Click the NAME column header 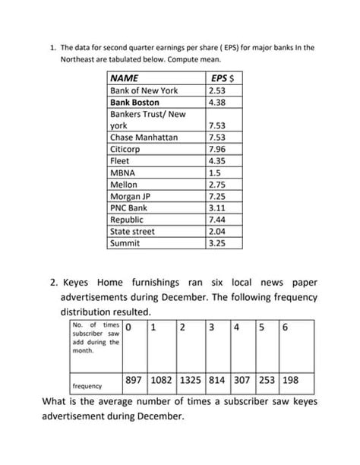[126, 78]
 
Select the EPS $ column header [220, 78]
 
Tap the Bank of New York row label [144, 90]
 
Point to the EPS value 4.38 [217, 102]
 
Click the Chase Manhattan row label [144, 138]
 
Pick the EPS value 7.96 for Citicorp [217, 149]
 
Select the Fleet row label [121, 161]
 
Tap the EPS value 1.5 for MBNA [214, 172]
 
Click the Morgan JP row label [131, 196]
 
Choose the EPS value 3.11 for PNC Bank [217, 207]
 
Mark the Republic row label [127, 220]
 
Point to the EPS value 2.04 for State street [217, 231]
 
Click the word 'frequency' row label [87, 385]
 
